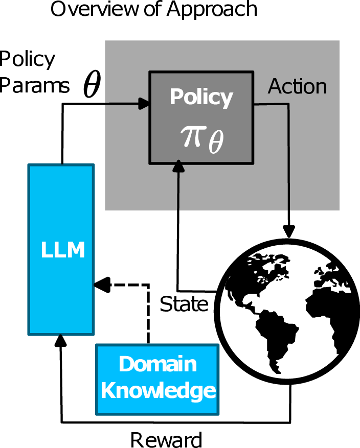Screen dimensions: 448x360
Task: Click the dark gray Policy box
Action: pyautogui.click(x=201, y=117)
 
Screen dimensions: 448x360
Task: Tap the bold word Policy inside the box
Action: pyautogui.click(x=201, y=97)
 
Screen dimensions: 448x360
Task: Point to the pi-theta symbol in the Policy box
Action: pyautogui.click(x=201, y=139)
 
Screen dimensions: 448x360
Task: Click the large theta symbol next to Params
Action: pyautogui.click(x=92, y=86)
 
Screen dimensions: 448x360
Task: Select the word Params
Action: pyautogui.click(x=35, y=86)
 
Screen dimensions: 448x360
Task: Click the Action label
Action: pyautogui.click(x=298, y=87)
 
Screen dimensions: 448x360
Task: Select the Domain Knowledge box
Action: pyautogui.click(x=157, y=379)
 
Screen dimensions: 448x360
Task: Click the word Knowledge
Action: pyautogui.click(x=157, y=391)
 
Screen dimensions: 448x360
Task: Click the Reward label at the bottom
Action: pyautogui.click(x=166, y=439)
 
